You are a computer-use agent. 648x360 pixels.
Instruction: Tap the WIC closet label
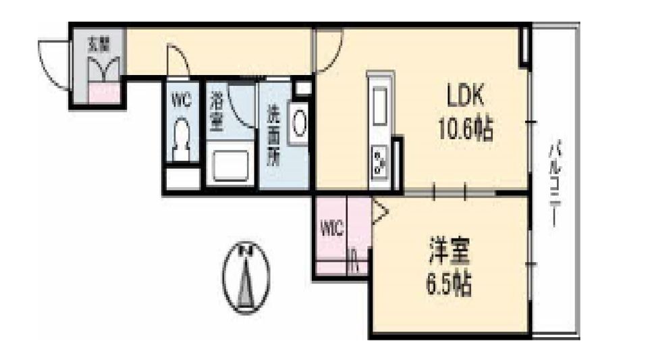pyautogui.click(x=331, y=228)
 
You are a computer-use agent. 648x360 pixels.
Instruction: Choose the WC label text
pyautogui.click(x=182, y=102)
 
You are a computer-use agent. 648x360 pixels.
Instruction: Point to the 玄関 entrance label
pyautogui.click(x=99, y=46)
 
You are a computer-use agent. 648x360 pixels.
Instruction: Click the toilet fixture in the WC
pyautogui.click(x=182, y=138)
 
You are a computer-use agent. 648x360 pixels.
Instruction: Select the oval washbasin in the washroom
pyautogui.click(x=299, y=122)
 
